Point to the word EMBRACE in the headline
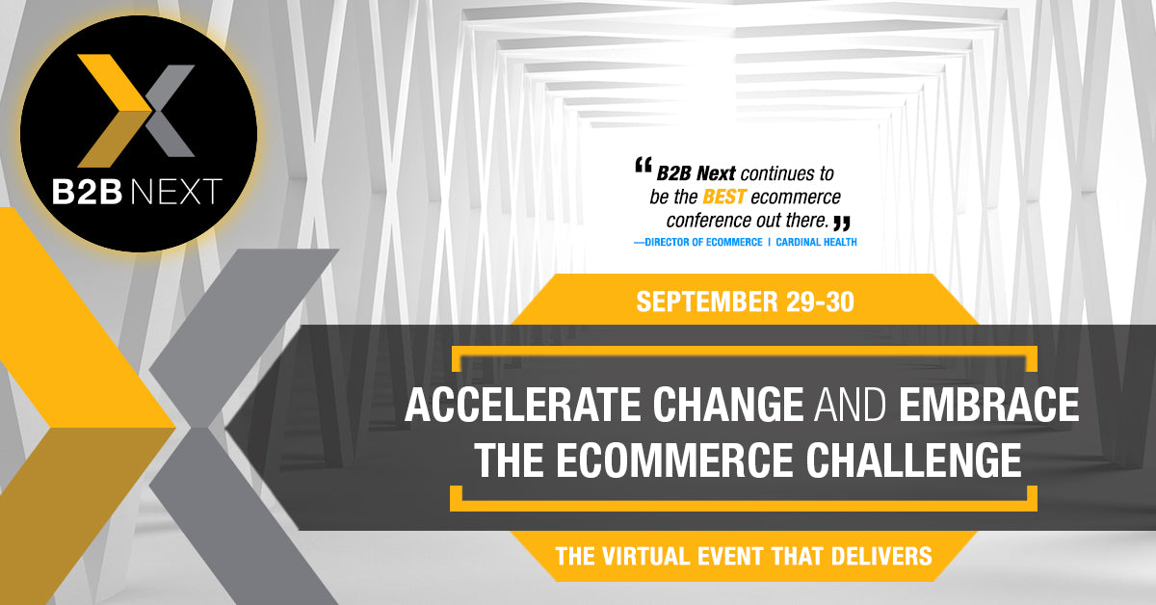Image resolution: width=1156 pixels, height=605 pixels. point(988,406)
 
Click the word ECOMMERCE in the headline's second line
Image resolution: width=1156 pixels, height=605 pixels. point(675,460)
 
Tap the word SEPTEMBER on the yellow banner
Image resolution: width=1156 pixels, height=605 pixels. point(707,301)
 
